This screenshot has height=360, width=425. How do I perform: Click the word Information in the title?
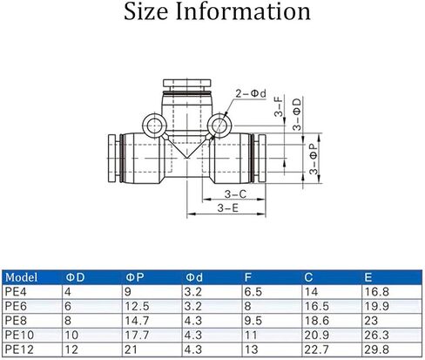243,11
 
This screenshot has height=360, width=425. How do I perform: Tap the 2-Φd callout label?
251,93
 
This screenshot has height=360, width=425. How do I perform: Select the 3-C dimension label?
235,194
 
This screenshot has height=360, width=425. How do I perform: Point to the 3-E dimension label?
228,208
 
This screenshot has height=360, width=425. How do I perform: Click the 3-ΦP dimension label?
314,159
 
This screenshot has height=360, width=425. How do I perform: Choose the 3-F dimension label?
278,106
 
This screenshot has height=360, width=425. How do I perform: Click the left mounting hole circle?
154,126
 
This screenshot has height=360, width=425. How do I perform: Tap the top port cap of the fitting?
187,83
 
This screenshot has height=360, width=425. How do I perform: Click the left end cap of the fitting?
113,159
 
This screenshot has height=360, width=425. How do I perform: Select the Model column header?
21,277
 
